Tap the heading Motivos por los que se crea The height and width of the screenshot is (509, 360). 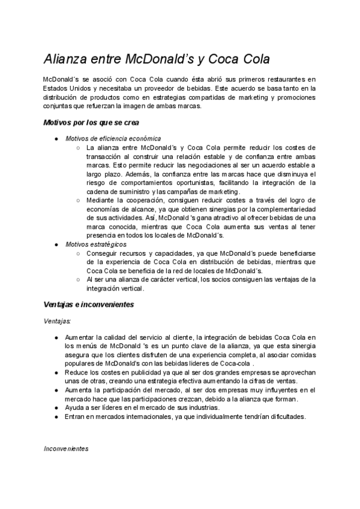[91, 122]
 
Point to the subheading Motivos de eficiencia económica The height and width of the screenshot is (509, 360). [113, 138]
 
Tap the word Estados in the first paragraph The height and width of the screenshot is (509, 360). [56, 89]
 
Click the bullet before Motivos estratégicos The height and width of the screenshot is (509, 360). [56, 244]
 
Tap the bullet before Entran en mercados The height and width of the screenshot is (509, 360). [56, 417]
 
